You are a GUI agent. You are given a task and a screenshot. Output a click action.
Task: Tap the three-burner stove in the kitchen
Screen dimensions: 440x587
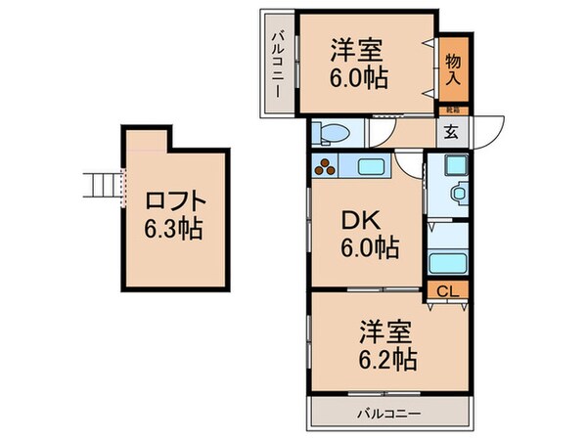click(x=325, y=167)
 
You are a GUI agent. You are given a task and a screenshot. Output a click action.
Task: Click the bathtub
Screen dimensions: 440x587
click(x=448, y=262)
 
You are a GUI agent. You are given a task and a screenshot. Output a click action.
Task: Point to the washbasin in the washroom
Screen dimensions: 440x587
click(x=455, y=194)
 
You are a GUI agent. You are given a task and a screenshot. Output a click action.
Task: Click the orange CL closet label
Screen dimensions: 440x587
click(x=447, y=290)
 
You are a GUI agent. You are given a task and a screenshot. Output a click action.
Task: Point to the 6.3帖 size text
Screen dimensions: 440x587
click(x=176, y=232)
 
